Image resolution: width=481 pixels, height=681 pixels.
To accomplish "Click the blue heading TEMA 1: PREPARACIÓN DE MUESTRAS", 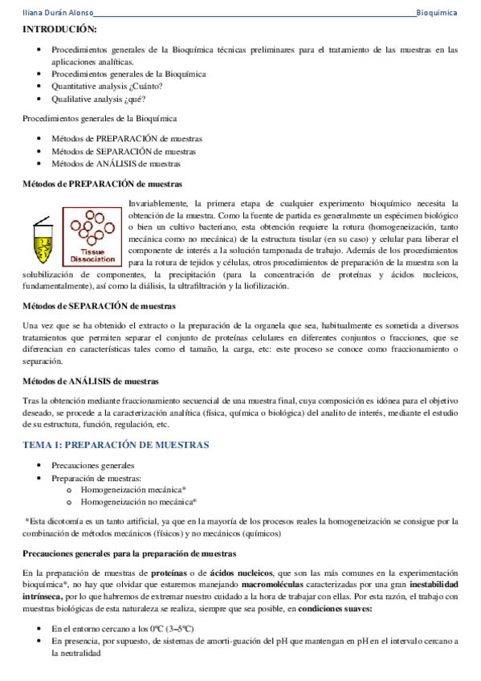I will (x=116, y=444).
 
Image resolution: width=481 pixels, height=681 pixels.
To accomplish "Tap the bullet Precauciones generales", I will (x=93, y=465).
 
